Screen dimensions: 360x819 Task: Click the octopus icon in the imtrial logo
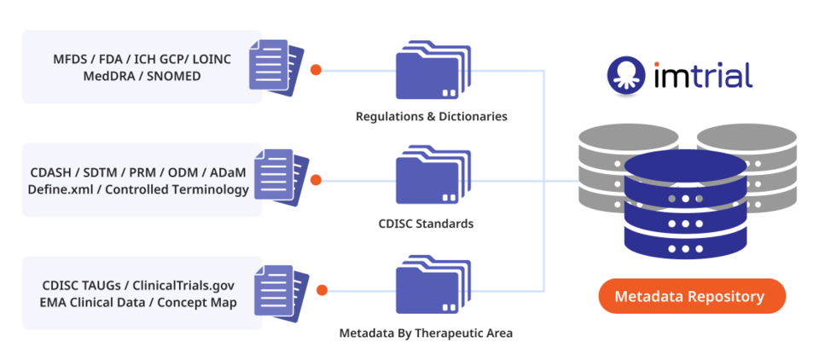coord(625,75)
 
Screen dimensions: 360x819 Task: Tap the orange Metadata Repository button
coord(691,297)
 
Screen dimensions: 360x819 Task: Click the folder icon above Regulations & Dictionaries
coord(428,73)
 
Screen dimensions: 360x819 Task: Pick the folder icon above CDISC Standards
coord(428,179)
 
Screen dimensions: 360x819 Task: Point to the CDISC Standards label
coord(427,224)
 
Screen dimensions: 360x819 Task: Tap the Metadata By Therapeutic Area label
coord(427,333)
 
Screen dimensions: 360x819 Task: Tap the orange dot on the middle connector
coord(316,180)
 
